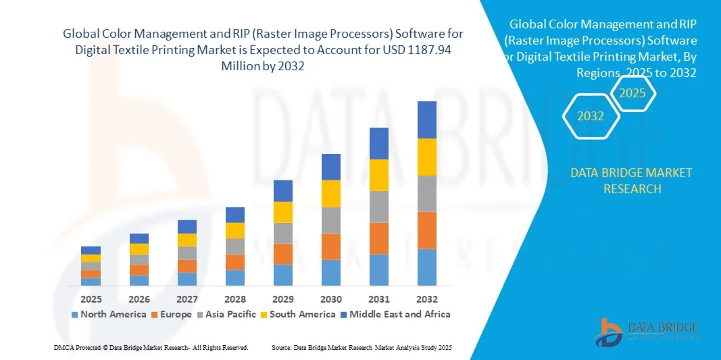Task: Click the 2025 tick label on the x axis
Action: tap(91, 299)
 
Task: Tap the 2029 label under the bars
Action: tap(283, 299)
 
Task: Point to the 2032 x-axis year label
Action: tap(427, 299)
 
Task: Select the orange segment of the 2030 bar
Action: tap(331, 247)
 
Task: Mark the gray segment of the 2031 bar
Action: tap(379, 207)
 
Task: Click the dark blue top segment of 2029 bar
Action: tap(283, 190)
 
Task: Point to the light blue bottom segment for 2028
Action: tap(235, 278)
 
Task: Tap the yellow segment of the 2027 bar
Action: tap(187, 240)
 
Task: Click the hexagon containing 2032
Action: tap(591, 116)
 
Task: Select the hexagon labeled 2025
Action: tap(632, 93)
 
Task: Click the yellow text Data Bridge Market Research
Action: tap(631, 180)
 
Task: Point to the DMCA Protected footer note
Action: tap(151, 347)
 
